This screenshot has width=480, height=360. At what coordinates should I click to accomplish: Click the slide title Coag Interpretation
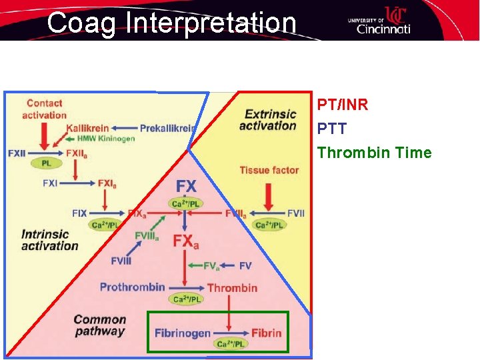click(x=171, y=23)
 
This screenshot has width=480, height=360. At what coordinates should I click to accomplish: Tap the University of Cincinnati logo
click(x=379, y=21)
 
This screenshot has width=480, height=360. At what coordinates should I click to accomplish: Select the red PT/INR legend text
click(x=343, y=105)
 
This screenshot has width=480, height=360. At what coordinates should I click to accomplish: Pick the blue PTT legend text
click(x=332, y=129)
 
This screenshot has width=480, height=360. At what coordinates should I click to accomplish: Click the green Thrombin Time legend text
click(x=374, y=153)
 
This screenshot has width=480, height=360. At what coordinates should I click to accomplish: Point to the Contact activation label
click(x=45, y=109)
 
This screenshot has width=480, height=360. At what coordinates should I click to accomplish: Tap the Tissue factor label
click(x=269, y=171)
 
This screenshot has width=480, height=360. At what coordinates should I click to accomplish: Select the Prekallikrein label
click(x=167, y=128)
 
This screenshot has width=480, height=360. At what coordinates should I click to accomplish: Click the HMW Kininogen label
click(x=107, y=139)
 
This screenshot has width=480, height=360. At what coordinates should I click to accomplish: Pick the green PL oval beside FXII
click(x=47, y=163)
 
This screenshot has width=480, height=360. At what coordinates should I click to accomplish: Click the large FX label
click(x=187, y=185)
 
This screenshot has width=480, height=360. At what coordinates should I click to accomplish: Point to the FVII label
click(x=295, y=213)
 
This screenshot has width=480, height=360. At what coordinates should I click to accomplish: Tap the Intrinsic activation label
click(x=49, y=240)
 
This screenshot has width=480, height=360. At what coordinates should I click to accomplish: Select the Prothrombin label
click(x=133, y=287)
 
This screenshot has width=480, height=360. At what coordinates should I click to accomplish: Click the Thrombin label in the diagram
click(x=232, y=287)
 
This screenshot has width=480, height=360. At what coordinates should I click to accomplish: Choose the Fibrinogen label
click(x=183, y=333)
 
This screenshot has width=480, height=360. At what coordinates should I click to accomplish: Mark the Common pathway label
click(x=99, y=326)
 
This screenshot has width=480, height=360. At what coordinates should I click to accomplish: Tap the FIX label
click(x=79, y=213)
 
